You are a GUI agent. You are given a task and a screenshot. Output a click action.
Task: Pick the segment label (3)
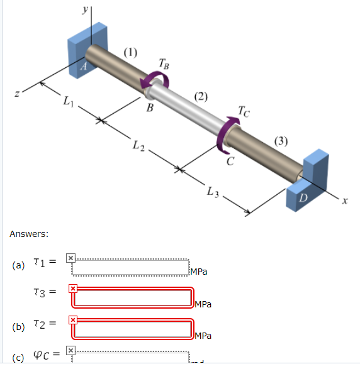283,140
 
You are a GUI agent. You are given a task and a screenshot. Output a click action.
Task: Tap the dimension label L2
139,147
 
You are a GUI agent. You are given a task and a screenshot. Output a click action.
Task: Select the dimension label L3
212,193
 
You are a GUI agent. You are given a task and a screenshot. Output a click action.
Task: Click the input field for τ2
132,329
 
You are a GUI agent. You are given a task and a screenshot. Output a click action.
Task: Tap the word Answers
29,234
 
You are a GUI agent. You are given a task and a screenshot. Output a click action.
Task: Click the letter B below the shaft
149,107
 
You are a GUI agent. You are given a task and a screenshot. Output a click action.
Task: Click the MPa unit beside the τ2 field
203,336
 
